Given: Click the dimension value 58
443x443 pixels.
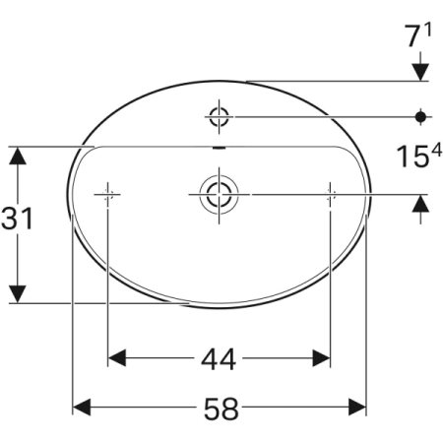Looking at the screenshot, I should click(x=221, y=407).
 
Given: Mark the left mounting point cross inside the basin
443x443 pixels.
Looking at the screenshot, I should click(x=107, y=193).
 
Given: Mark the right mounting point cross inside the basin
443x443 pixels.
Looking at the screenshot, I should click(x=329, y=193).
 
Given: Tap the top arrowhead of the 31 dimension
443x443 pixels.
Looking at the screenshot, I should click(x=17, y=154).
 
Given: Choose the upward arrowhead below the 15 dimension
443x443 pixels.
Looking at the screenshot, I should click(x=420, y=202).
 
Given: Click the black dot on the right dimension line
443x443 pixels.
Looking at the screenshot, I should click(x=420, y=117).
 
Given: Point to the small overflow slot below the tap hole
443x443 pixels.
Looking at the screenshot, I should click(x=218, y=150).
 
